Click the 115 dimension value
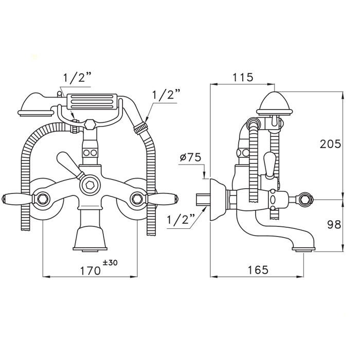coord(243,77)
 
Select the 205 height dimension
coord(330,144)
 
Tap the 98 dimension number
coord(334,224)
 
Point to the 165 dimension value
coord(258,270)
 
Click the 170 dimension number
coord(90,271)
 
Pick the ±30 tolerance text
coord(110,262)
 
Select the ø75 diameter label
coord(190,157)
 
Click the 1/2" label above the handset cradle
coord(77,78)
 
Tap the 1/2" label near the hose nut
coord(166,94)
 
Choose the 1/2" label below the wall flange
coord(181,220)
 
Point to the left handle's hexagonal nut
coord(42,199)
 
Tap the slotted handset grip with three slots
coord(92,102)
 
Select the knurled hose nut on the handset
coord(140,128)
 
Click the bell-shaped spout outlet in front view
coord(90,238)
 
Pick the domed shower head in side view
coord(275,103)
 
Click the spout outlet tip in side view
coord(304,249)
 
